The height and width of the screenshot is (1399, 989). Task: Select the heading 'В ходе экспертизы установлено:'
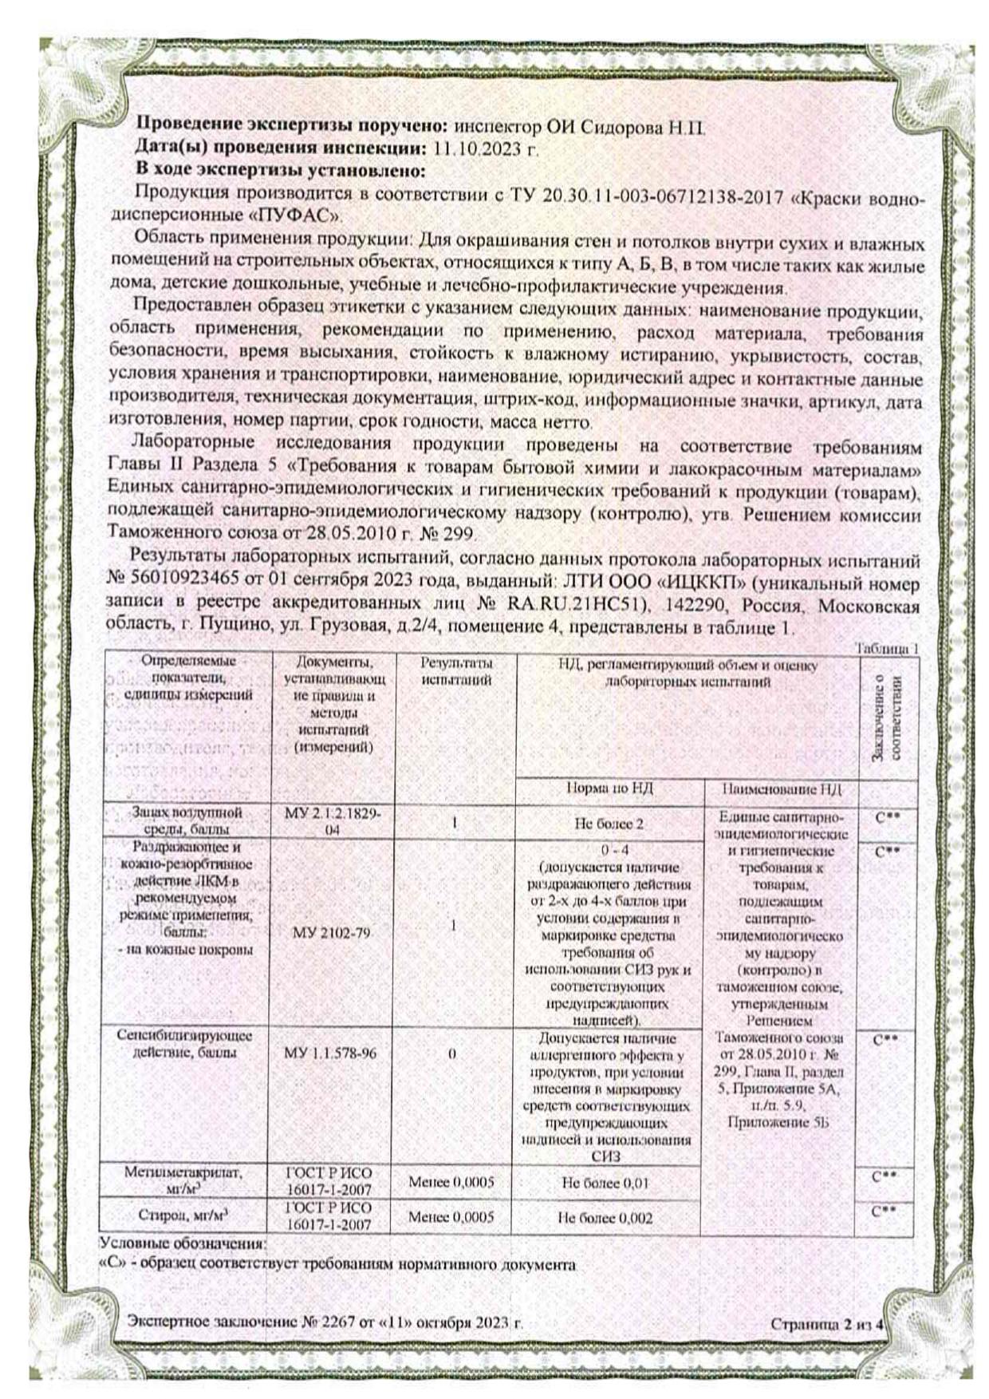280,169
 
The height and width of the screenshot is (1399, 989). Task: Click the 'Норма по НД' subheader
609,788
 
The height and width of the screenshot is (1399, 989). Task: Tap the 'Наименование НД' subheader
781,788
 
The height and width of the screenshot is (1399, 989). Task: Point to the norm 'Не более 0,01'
604,1183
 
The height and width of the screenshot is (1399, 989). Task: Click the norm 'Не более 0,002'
605,1218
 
